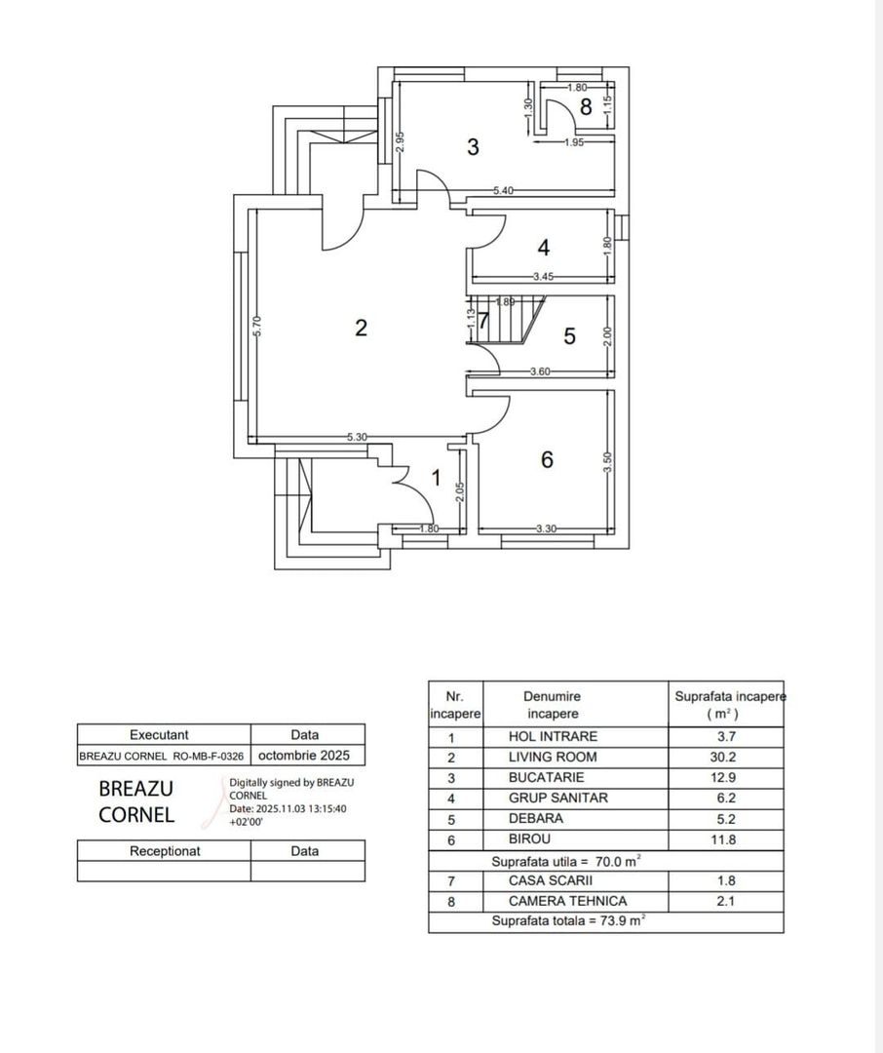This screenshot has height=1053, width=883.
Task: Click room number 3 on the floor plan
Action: click(x=473, y=147)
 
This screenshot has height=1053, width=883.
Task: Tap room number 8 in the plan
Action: click(x=585, y=107)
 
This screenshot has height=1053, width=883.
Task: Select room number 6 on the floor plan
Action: click(x=547, y=459)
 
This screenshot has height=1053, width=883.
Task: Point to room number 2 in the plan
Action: click(x=361, y=328)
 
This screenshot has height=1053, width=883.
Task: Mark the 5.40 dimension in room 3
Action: click(x=503, y=190)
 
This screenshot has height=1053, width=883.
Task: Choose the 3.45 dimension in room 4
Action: click(x=544, y=277)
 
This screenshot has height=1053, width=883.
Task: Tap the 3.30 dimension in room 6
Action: click(x=546, y=528)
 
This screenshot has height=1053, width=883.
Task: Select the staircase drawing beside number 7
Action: click(x=511, y=321)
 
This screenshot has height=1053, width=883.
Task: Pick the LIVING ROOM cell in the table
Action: click(x=553, y=758)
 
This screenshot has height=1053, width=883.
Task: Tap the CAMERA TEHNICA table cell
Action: click(x=567, y=902)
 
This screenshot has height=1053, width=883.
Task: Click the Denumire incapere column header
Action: click(x=552, y=705)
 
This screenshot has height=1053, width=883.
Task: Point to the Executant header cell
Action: click(x=164, y=735)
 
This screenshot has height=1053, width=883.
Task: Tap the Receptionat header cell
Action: click(x=164, y=851)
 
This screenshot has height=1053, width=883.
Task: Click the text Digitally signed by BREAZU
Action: click(x=290, y=782)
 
